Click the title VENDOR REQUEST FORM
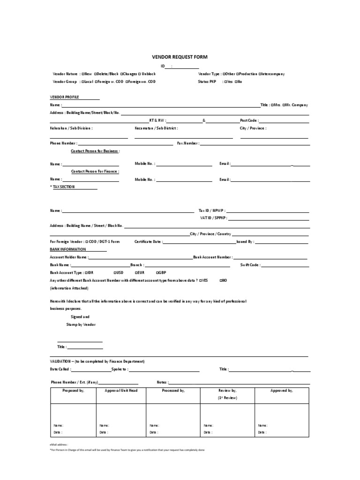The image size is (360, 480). tap(180, 57)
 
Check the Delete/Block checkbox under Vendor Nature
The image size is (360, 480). tap(96, 74)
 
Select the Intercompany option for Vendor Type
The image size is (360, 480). tap(259, 74)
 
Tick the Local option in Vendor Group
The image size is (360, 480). tap(82, 82)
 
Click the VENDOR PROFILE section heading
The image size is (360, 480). tap(65, 97)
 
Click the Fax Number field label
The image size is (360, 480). tap(188, 143)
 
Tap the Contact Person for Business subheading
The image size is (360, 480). tap(95, 151)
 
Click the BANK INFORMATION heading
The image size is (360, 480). tap(68, 249)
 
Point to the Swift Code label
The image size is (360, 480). tap(250, 265)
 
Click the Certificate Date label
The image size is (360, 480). tap(149, 242)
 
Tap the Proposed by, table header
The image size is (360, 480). tap(74, 390)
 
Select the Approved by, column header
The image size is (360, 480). tap(282, 390)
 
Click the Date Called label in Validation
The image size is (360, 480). tap(60, 369)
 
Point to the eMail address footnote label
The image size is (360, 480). tap(59, 443)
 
